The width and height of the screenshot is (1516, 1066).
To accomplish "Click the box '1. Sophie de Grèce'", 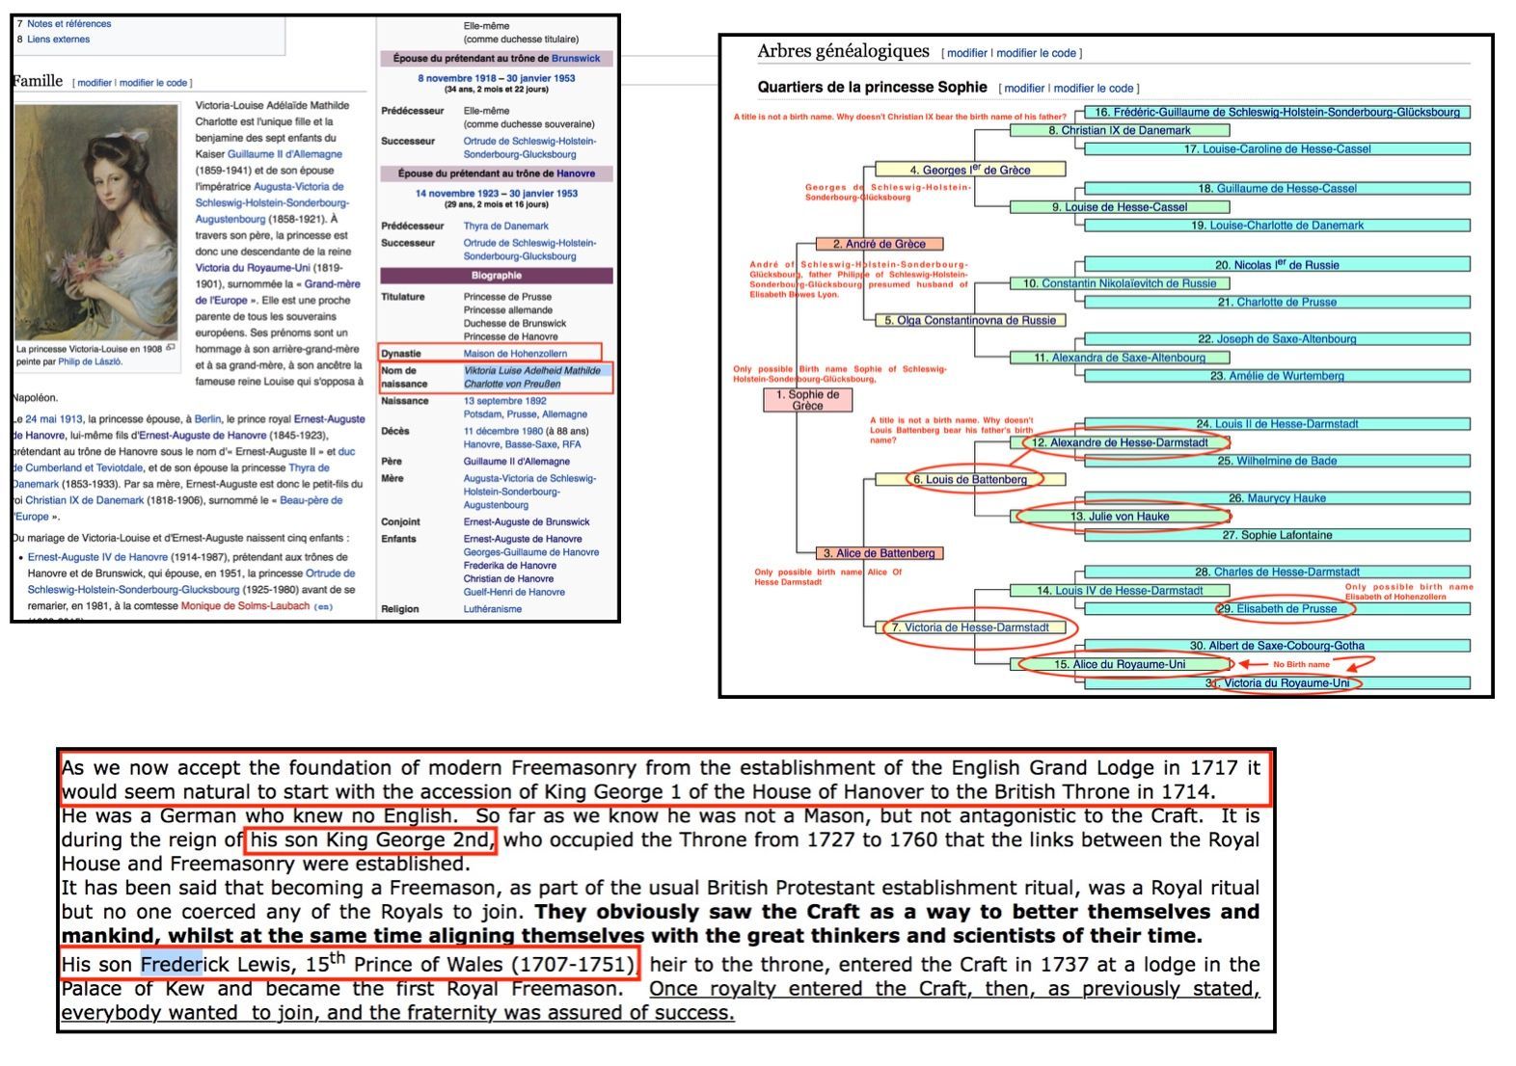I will pyautogui.click(x=807, y=400).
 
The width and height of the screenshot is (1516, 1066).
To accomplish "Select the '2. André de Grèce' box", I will pyautogui.click(x=879, y=244).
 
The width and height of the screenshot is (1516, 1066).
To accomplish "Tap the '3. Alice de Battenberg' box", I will pyautogui.click(x=879, y=553).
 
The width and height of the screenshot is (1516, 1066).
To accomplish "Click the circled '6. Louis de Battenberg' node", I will pyautogui.click(x=970, y=479).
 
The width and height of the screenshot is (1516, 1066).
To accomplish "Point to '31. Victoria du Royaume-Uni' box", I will pyautogui.click(x=1286, y=683).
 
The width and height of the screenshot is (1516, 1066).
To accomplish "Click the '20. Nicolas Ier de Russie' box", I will pyautogui.click(x=1277, y=264).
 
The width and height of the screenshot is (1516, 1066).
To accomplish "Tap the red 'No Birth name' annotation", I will pyautogui.click(x=1301, y=664).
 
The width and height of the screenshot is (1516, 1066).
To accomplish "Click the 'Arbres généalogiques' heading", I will pyautogui.click(x=843, y=51).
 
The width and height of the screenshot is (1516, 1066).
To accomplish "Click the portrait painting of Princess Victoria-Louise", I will pyautogui.click(x=96, y=222).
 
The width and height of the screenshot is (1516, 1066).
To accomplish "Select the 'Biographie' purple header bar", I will pyautogui.click(x=496, y=276).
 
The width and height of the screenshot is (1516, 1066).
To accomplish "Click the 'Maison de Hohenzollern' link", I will pyautogui.click(x=515, y=354).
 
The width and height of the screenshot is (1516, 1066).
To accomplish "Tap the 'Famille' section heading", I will pyautogui.click(x=39, y=81).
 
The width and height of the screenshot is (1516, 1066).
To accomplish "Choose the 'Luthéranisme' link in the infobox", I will pyautogui.click(x=492, y=609).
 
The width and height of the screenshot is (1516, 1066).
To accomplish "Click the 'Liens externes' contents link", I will pyautogui.click(x=58, y=40).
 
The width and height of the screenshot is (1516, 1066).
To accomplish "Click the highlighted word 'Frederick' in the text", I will pyautogui.click(x=172, y=964).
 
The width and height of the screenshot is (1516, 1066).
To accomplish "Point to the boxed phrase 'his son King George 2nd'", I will pyautogui.click(x=371, y=839).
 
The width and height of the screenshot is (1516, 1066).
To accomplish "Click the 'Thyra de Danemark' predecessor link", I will pyautogui.click(x=505, y=227).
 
